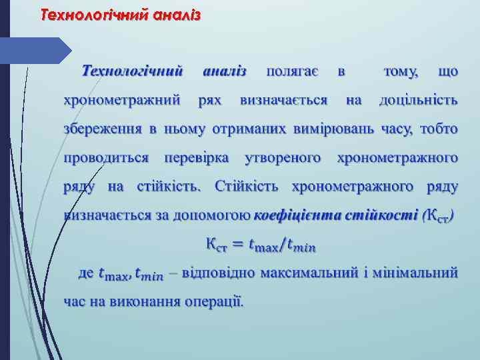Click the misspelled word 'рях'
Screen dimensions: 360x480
pos(210,100)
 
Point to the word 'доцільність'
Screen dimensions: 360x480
pos(418,100)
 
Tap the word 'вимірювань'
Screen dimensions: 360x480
pos(337,129)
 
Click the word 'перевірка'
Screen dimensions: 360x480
pos(196,158)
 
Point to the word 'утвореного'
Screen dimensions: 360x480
pos(283,158)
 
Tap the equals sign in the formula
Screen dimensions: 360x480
pos(236,246)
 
